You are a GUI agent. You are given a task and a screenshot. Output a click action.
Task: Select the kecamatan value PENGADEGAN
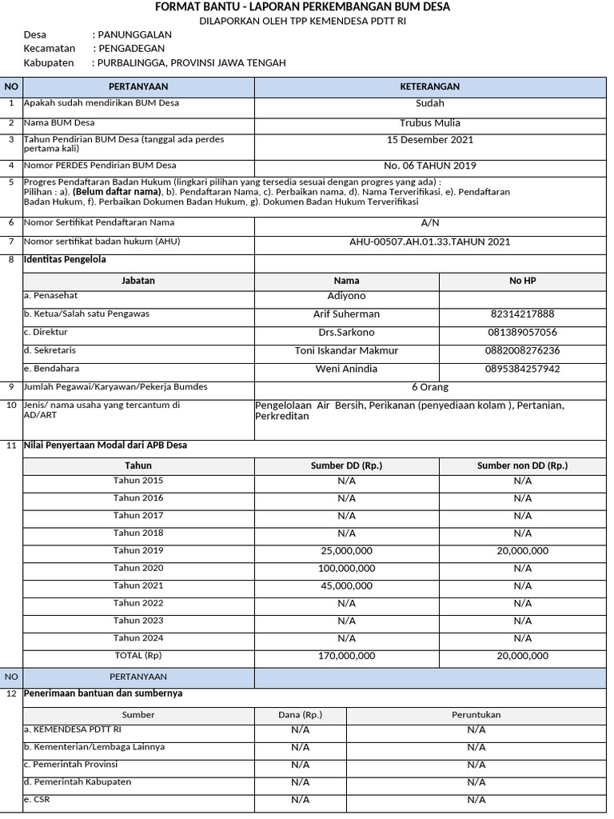pos(132,49)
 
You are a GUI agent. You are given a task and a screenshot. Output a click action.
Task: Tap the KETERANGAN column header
pos(429,86)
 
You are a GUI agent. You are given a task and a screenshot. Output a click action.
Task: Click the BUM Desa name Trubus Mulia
pos(429,123)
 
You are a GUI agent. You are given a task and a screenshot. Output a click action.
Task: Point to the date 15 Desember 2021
pos(429,140)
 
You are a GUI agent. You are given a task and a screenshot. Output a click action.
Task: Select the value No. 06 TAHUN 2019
pos(429,166)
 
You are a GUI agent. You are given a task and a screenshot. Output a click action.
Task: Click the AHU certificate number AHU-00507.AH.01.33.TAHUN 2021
pos(429,242)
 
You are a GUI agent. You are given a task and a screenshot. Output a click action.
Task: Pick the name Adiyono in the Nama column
pos(346,296)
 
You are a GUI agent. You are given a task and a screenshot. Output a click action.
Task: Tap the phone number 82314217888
pos(522,314)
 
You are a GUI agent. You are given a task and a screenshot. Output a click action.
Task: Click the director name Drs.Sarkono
pos(346,333)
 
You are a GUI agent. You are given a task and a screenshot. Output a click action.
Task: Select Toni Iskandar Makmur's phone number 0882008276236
pos(522,351)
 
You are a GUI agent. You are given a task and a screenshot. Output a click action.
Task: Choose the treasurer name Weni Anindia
pos(346,370)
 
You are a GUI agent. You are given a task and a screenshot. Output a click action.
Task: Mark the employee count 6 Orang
pos(429,387)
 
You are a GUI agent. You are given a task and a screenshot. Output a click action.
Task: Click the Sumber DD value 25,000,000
pos(346,551)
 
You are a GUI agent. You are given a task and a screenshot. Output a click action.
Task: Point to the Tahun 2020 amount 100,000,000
pos(346,569)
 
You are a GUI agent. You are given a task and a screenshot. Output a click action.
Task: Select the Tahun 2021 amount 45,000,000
pos(346,586)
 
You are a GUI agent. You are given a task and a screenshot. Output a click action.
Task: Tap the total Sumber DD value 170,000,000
pos(346,656)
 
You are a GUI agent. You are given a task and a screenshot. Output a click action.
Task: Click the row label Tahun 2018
pos(138,533)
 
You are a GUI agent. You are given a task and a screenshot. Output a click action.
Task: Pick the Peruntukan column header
pos(476,715)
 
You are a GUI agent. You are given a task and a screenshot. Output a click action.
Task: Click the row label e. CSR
pos(38,799)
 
